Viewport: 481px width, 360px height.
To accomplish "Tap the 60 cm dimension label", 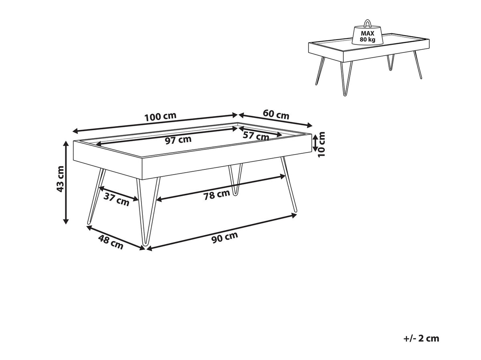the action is pyautogui.click(x=276, y=114).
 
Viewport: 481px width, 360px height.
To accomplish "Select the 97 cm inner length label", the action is pyautogui.click(x=178, y=140).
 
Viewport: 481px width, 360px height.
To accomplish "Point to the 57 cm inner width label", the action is pyautogui.click(x=256, y=136).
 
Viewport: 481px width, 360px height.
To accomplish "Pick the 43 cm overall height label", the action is pyautogui.click(x=60, y=179).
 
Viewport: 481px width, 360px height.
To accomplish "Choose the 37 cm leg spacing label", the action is pyautogui.click(x=116, y=199).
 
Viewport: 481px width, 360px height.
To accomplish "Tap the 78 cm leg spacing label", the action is pyautogui.click(x=217, y=195).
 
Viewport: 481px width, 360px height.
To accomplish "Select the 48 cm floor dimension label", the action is pyautogui.click(x=111, y=242).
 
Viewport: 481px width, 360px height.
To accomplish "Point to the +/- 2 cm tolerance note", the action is pyautogui.click(x=421, y=338).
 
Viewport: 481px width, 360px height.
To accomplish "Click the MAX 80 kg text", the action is pyautogui.click(x=368, y=36).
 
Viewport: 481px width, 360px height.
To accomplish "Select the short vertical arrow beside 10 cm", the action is pyautogui.click(x=315, y=143).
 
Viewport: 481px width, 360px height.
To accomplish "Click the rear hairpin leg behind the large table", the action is pyautogui.click(x=235, y=179).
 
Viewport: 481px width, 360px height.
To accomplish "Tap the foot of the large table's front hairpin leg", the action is pyautogui.click(x=144, y=244).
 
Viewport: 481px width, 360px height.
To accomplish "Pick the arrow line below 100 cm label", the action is pyautogui.click(x=155, y=123).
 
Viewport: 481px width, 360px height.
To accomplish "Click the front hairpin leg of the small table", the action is pyautogui.click(x=346, y=79).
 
